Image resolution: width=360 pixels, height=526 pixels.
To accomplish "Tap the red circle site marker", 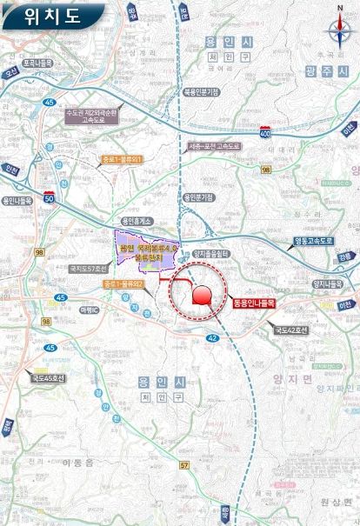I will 202,296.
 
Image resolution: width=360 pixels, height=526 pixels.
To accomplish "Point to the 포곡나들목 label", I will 38,63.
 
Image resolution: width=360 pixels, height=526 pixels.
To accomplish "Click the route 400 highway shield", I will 264,130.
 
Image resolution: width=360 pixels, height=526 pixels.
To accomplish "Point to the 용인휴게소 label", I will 137,221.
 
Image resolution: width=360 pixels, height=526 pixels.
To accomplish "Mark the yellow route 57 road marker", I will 184,466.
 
